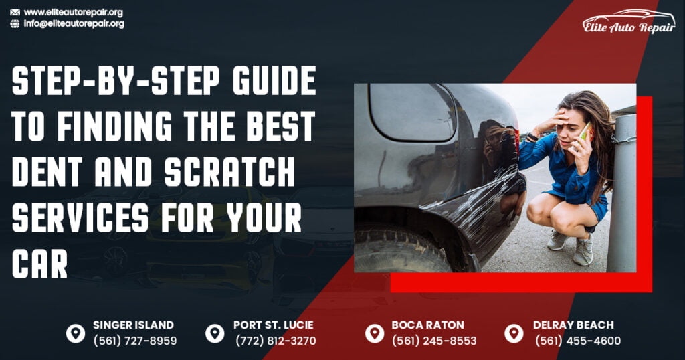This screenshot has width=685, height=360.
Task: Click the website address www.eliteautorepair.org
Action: pyautogui.click(x=73, y=12)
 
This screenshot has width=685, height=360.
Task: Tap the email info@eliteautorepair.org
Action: pyautogui.click(x=74, y=23)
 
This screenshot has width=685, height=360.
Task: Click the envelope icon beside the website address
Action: pyautogui.click(x=15, y=12)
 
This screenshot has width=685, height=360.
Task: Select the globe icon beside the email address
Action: pyautogui.click(x=15, y=23)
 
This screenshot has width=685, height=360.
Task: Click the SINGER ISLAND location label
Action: pyautogui.click(x=133, y=325)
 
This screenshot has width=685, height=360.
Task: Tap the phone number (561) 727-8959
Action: pyautogui.click(x=134, y=341)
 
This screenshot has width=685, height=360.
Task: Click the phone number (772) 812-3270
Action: pyautogui.click(x=275, y=341)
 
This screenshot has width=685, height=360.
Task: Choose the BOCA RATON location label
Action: pyautogui.click(x=427, y=325)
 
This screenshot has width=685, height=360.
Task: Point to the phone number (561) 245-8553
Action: pyautogui.click(x=434, y=341)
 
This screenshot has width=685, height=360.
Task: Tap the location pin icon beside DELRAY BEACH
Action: pyautogui.click(x=514, y=333)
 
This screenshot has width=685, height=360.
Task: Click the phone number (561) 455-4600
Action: pyautogui.click(x=578, y=341)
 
